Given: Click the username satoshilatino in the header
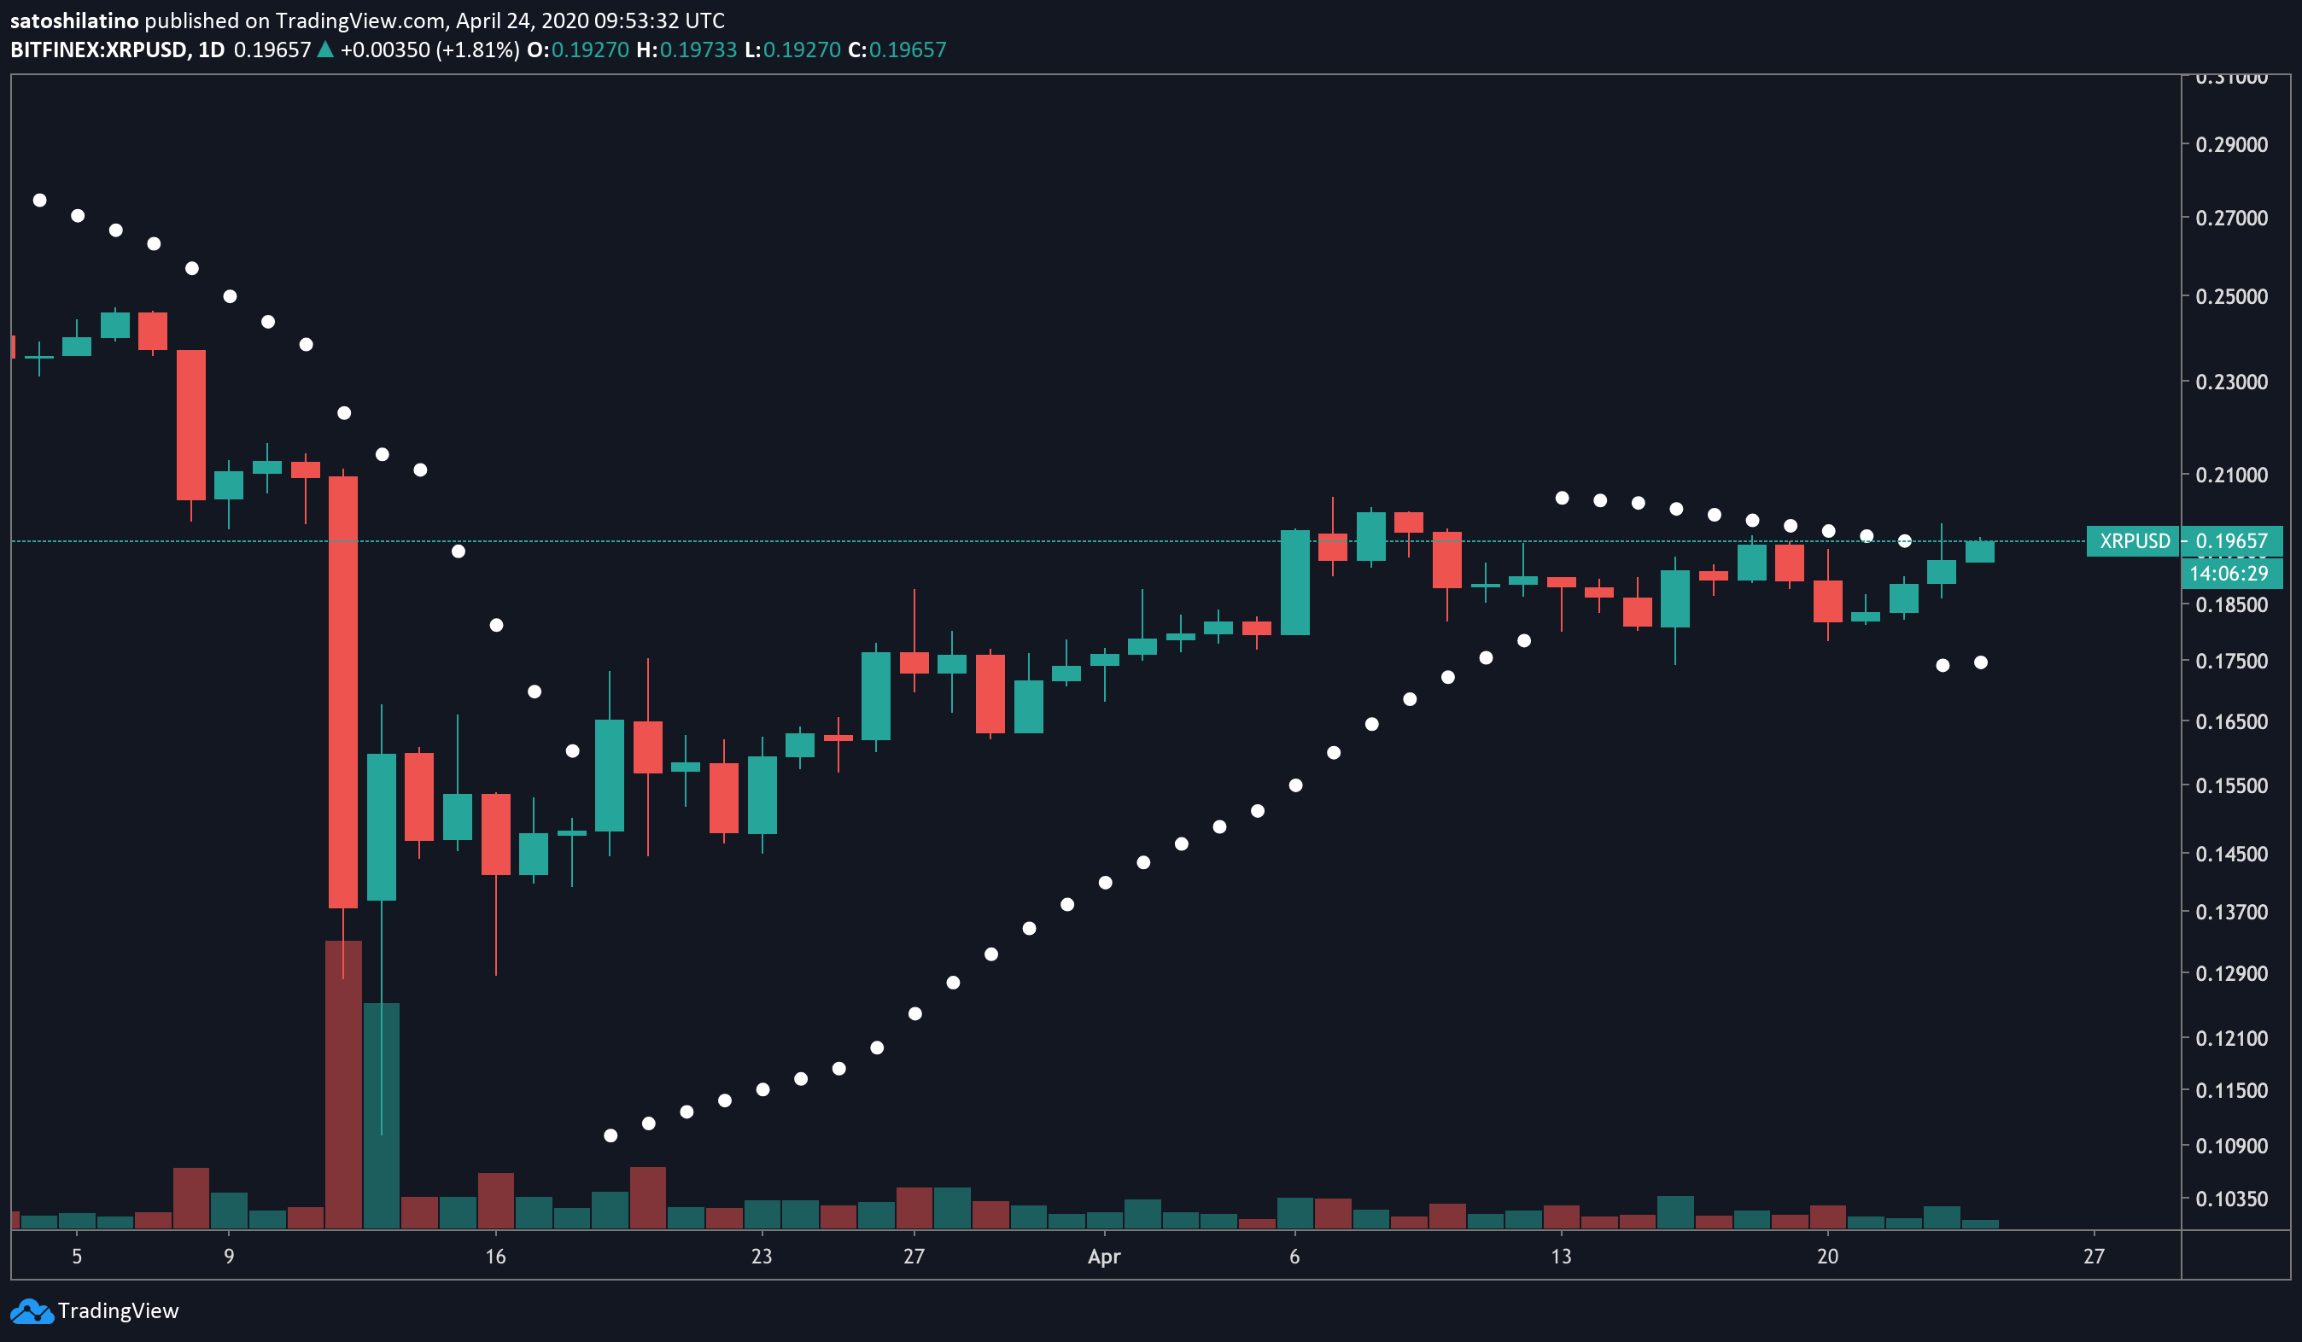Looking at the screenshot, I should tap(74, 20).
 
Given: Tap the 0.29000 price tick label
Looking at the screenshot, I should tap(2231, 144).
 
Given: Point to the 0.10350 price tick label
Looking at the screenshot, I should tap(2231, 1199).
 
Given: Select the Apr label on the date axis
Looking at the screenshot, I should tap(1103, 1256).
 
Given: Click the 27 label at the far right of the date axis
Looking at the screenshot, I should tap(2094, 1256).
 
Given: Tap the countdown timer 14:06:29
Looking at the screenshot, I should tap(2229, 574).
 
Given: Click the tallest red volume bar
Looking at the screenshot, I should tap(343, 1084).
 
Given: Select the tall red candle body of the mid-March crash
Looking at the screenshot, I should tap(343, 691).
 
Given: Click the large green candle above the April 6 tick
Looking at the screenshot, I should tap(1295, 582).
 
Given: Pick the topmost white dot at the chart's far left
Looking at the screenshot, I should tap(39, 200).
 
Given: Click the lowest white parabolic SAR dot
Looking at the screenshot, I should tap(611, 1135).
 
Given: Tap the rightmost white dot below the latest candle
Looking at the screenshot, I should tap(1980, 662).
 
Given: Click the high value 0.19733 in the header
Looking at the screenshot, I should tap(698, 50).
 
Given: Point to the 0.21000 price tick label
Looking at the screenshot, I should tap(2231, 475).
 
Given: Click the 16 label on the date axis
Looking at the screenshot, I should tap(495, 1256).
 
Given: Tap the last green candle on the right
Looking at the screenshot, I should tap(1979, 551).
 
